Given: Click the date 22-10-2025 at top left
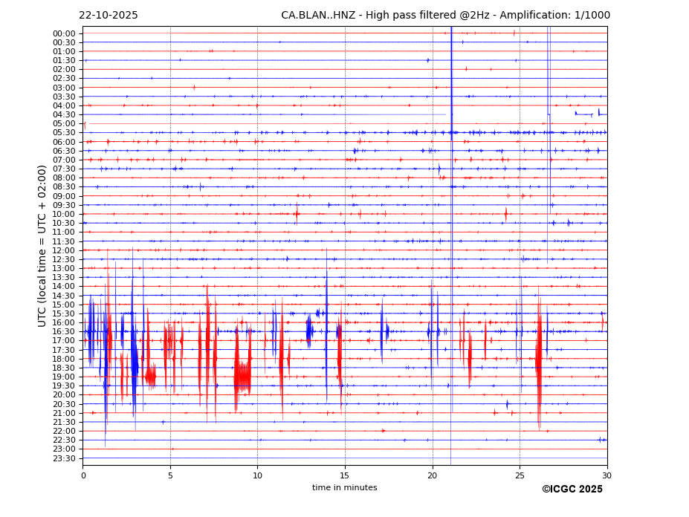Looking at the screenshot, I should (x=109, y=16).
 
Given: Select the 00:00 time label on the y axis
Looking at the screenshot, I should (x=64, y=33).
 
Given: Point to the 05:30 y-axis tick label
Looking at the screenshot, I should (x=64, y=133).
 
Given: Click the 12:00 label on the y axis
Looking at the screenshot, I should (x=64, y=250).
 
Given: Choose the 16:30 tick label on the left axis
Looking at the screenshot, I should (x=64, y=332).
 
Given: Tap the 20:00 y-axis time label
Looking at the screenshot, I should (x=64, y=395).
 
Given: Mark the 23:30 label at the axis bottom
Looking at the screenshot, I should (x=64, y=458).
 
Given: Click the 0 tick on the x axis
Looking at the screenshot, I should (x=83, y=476).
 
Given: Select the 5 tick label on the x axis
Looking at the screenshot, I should (x=170, y=476).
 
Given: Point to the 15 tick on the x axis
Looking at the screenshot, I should (x=345, y=476).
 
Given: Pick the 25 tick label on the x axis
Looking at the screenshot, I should (x=520, y=476).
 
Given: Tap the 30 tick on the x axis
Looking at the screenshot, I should (x=607, y=476).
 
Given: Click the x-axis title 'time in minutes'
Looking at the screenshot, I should (x=345, y=488).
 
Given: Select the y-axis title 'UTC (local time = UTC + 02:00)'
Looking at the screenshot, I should (x=42, y=246).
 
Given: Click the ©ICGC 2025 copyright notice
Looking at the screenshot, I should (x=572, y=490).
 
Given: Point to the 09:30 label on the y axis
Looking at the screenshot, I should (x=64, y=205).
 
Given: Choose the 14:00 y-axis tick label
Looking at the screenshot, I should (x=64, y=287).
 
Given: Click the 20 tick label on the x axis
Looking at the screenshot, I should (x=433, y=476).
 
